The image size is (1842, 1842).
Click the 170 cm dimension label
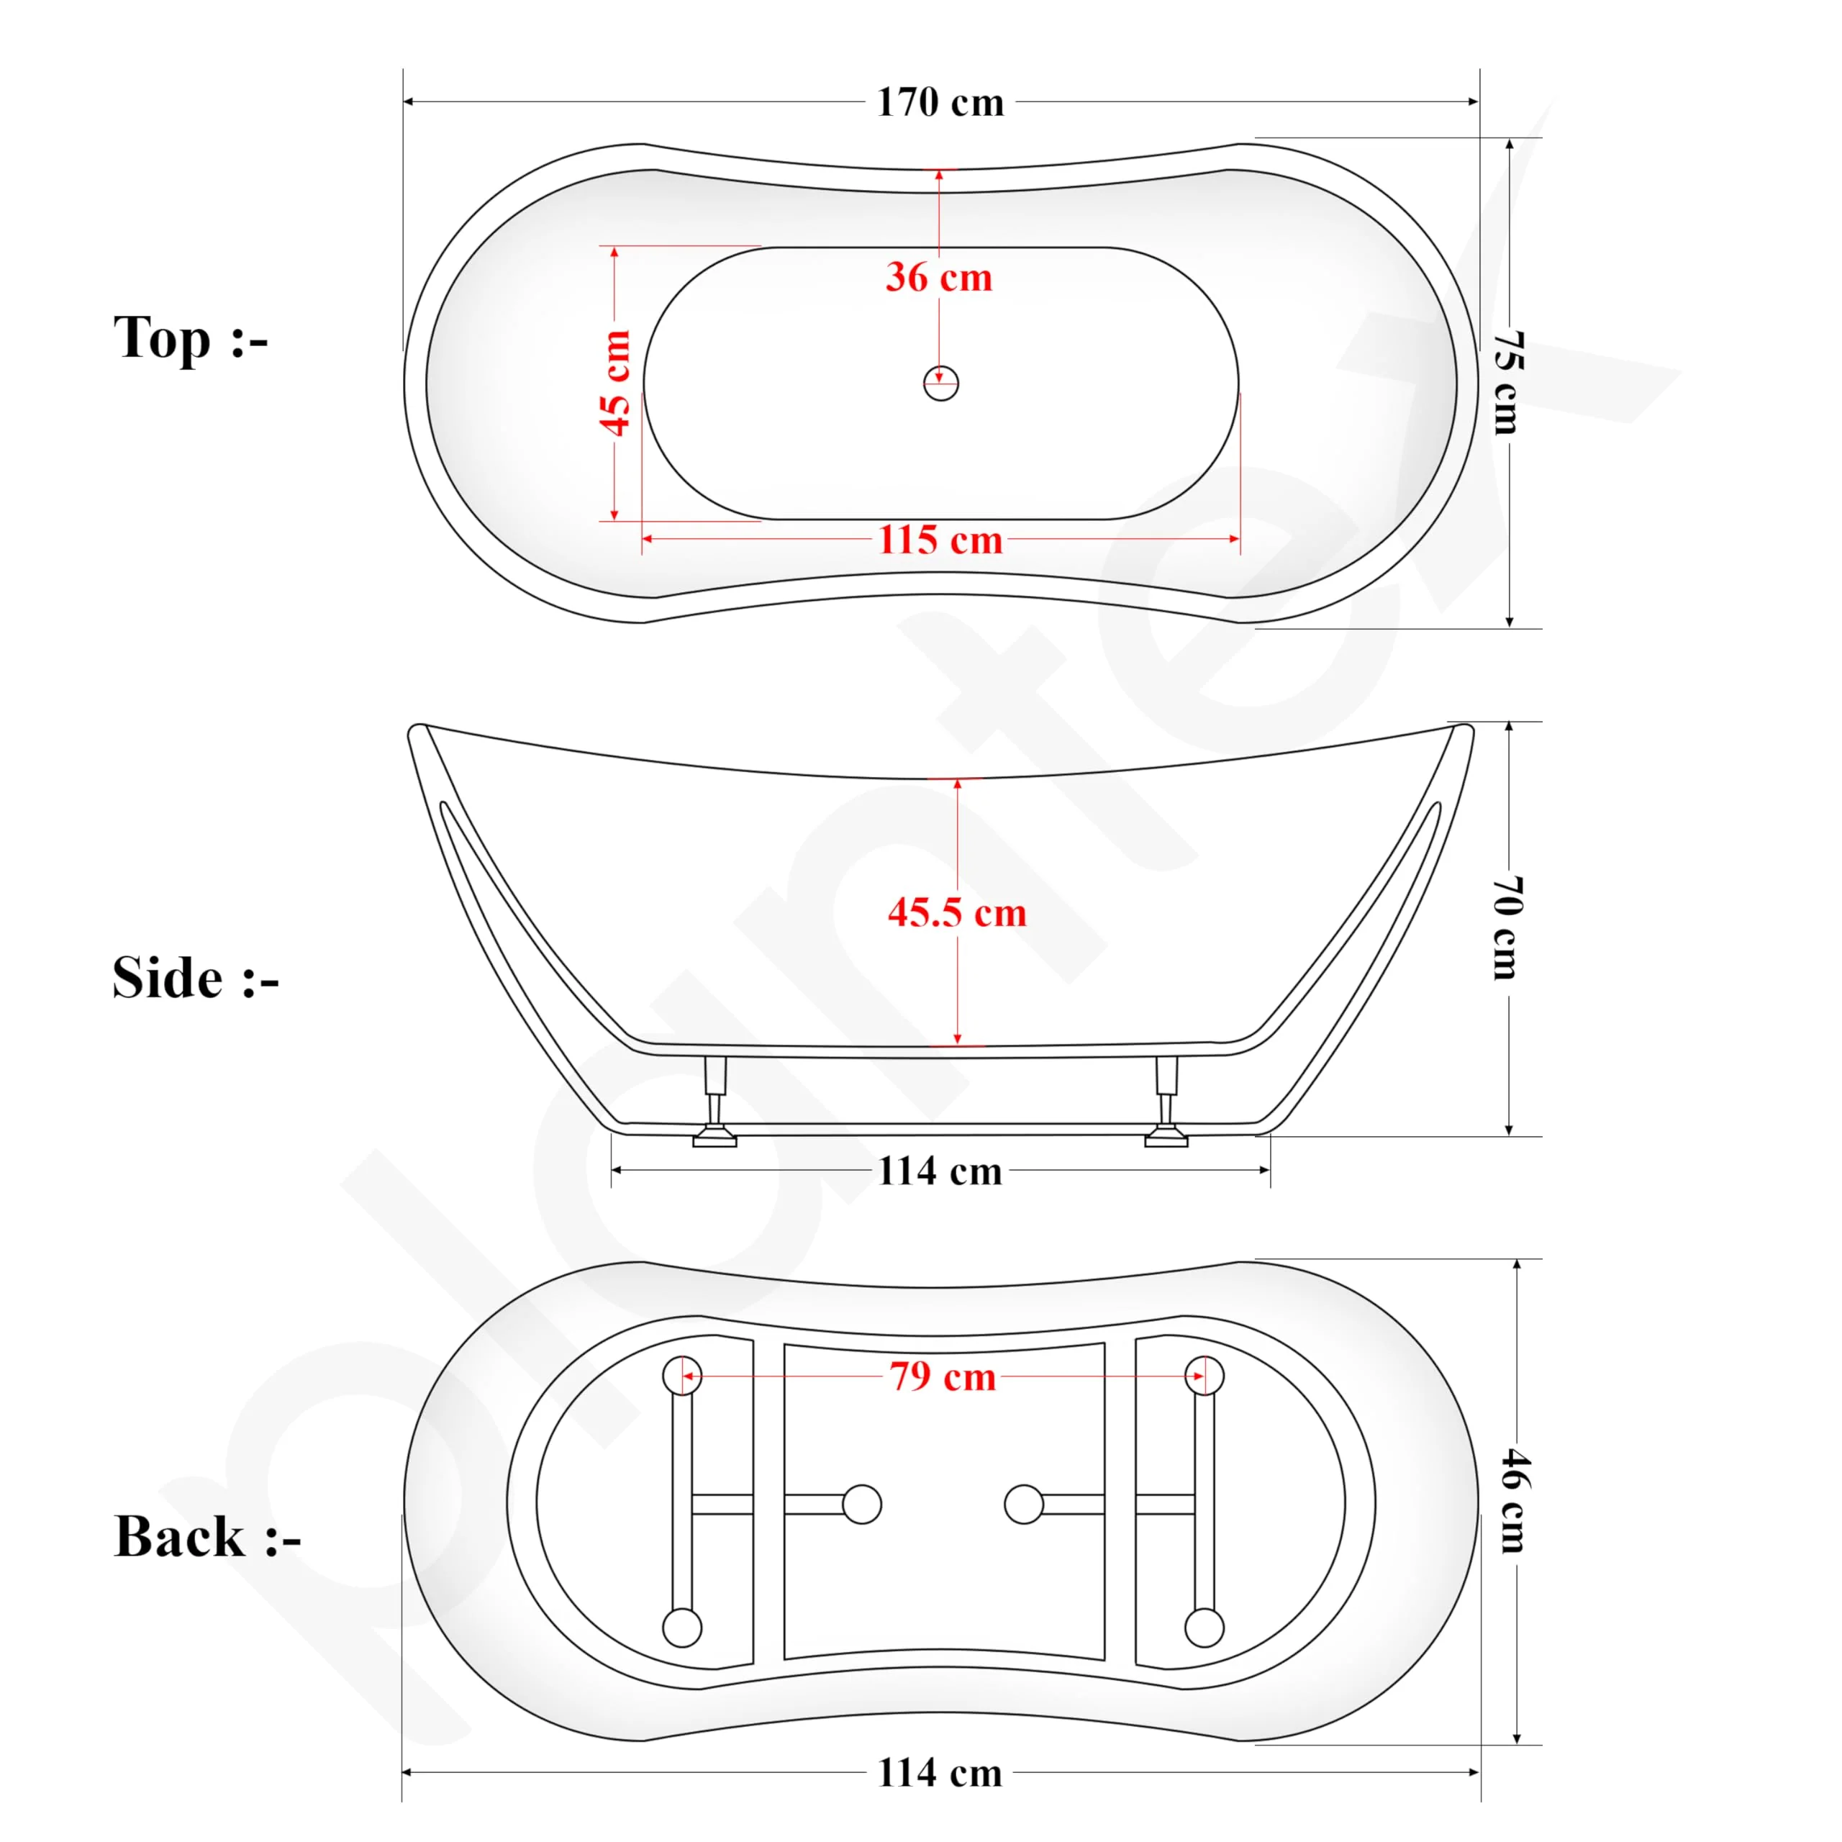(x=940, y=102)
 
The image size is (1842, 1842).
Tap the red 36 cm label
(x=939, y=278)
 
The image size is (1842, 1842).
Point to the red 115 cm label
(x=940, y=540)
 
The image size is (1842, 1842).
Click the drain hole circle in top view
(x=941, y=384)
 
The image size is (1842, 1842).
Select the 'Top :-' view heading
(x=191, y=338)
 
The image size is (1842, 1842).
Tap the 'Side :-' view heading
(x=196, y=979)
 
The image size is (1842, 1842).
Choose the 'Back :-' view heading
(x=207, y=1537)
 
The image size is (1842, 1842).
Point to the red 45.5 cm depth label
(x=957, y=912)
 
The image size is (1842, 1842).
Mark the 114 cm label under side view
(x=940, y=1171)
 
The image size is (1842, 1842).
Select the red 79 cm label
(x=943, y=1376)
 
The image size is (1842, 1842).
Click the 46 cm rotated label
(x=1514, y=1502)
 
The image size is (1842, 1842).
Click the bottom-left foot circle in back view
(x=681, y=1628)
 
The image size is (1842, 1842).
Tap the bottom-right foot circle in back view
(x=1204, y=1628)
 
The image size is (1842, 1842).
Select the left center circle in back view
(x=862, y=1505)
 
